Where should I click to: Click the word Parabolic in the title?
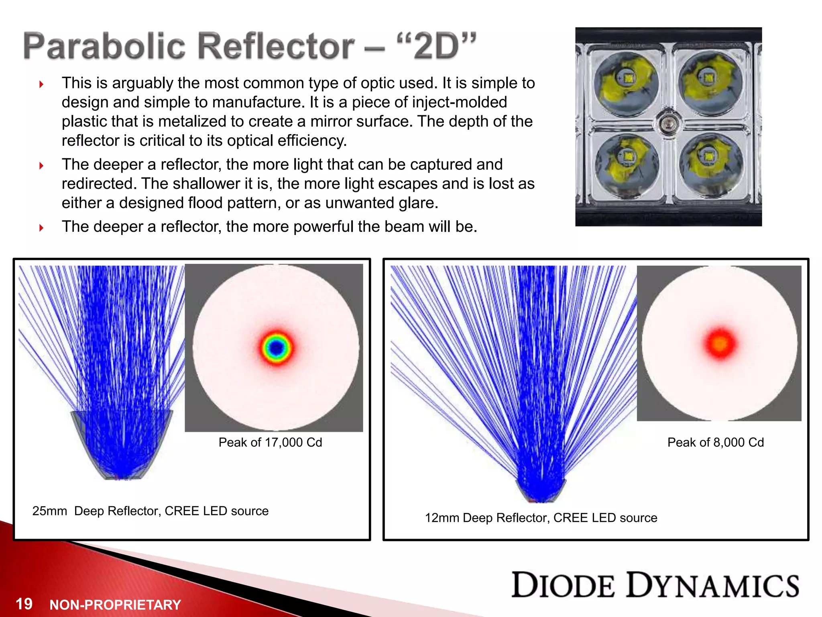tap(105, 46)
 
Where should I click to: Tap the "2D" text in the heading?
tap(437, 46)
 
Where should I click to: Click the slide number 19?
tap(24, 604)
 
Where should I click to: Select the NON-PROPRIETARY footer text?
tap(115, 605)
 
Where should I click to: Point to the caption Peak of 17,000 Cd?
tap(270, 442)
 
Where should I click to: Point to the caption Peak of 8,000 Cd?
tap(715, 442)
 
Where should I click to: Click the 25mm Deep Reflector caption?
tap(150, 511)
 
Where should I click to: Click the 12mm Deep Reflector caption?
tap(541, 518)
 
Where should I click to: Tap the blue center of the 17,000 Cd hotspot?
tap(276, 348)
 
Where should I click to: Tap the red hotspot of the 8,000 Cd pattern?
tap(720, 343)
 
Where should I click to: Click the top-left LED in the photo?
tap(628, 78)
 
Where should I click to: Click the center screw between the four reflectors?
tap(667, 123)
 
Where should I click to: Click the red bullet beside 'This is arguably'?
tap(41, 84)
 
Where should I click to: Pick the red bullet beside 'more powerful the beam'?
tap(41, 228)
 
